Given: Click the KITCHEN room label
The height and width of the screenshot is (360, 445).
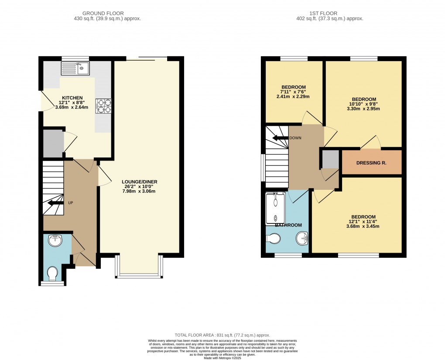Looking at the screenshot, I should pos(70,98).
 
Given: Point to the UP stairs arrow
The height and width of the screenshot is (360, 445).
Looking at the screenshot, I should pos(54,203).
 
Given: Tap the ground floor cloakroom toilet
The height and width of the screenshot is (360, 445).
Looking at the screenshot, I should pos(52,274).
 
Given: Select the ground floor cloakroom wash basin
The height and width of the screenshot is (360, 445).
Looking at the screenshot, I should pos(55,240).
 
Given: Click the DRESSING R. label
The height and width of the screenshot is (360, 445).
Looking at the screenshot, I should pos(371,163).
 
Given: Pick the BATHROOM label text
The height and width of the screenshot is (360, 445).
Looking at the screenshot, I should pos(288,225).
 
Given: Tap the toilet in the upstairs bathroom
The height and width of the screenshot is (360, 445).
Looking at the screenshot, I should pos(274,239).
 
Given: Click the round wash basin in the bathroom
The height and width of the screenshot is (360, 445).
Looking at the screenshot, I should pos(302,238).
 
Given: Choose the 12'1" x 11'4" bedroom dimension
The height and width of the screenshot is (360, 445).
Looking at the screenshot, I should pos(363,222).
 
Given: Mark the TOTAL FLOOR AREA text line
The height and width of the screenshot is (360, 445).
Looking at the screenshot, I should pos(223,334).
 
